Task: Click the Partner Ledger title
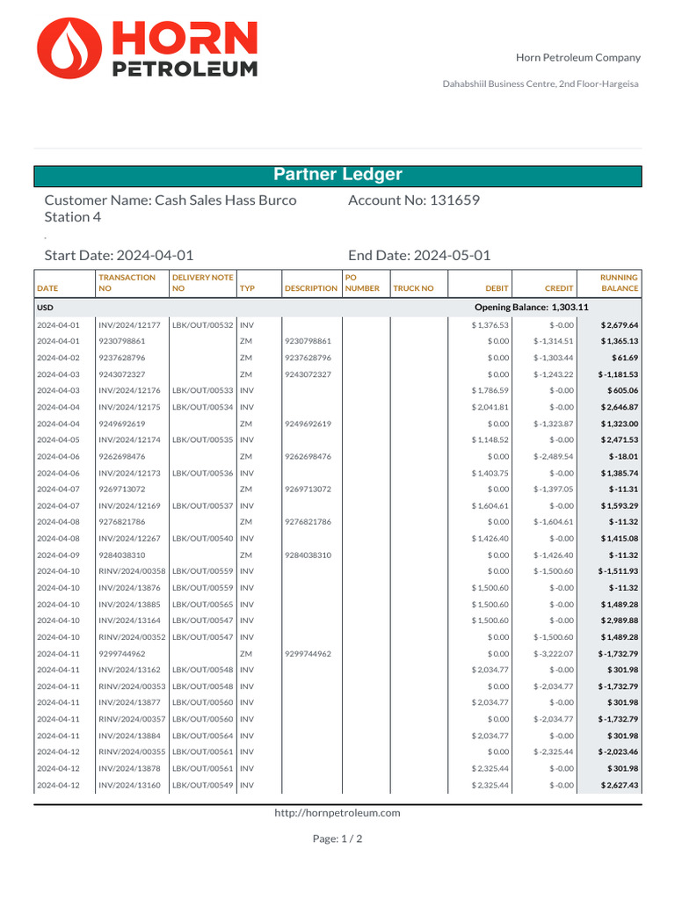pyautogui.click(x=337, y=175)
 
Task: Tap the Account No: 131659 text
pyautogui.click(x=414, y=200)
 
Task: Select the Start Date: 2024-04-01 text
pyautogui.click(x=119, y=256)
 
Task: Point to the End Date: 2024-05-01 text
pyautogui.click(x=419, y=256)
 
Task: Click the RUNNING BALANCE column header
pyautogui.click(x=619, y=283)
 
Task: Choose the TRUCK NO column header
pyautogui.click(x=413, y=288)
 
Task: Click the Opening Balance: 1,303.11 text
pyautogui.click(x=531, y=308)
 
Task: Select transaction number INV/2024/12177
pyautogui.click(x=129, y=325)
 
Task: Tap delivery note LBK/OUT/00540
pyautogui.click(x=202, y=538)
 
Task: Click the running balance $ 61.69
pyautogui.click(x=626, y=358)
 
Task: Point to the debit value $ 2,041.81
pyautogui.click(x=490, y=407)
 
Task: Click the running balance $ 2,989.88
pyautogui.click(x=620, y=621)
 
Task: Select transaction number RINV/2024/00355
pyautogui.click(x=132, y=752)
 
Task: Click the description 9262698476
pyautogui.click(x=308, y=456)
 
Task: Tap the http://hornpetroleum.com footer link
pyautogui.click(x=337, y=813)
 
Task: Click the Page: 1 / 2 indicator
pyautogui.click(x=337, y=839)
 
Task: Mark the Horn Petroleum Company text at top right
pyautogui.click(x=577, y=58)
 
